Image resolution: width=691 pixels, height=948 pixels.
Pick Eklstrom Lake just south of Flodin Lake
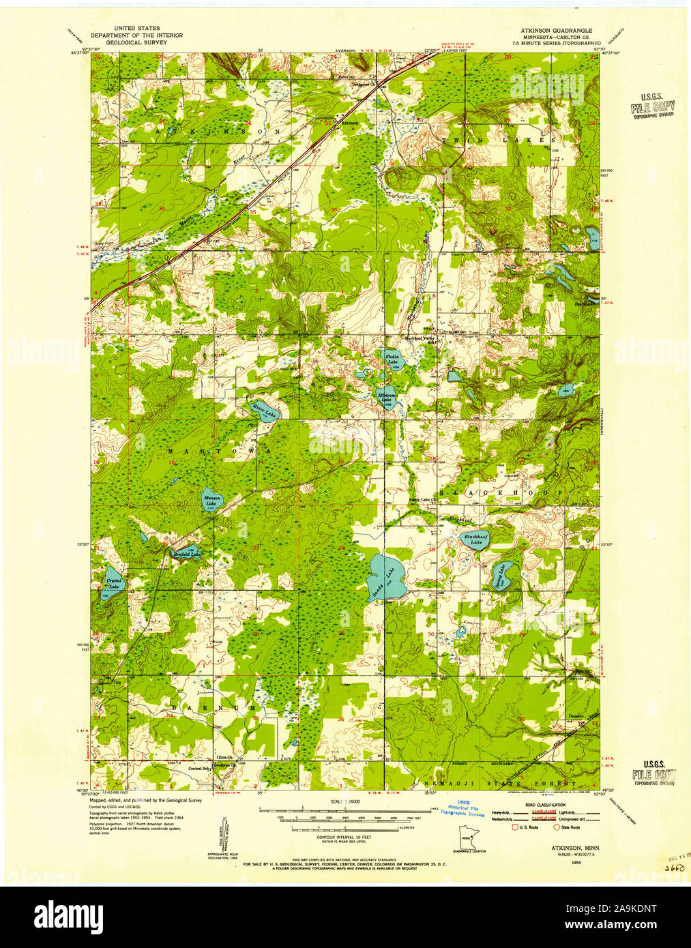pyautogui.click(x=387, y=396)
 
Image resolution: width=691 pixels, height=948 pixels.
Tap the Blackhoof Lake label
pyautogui.click(x=474, y=539)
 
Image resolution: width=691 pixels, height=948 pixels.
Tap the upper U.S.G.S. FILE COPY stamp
pyautogui.click(x=652, y=106)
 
